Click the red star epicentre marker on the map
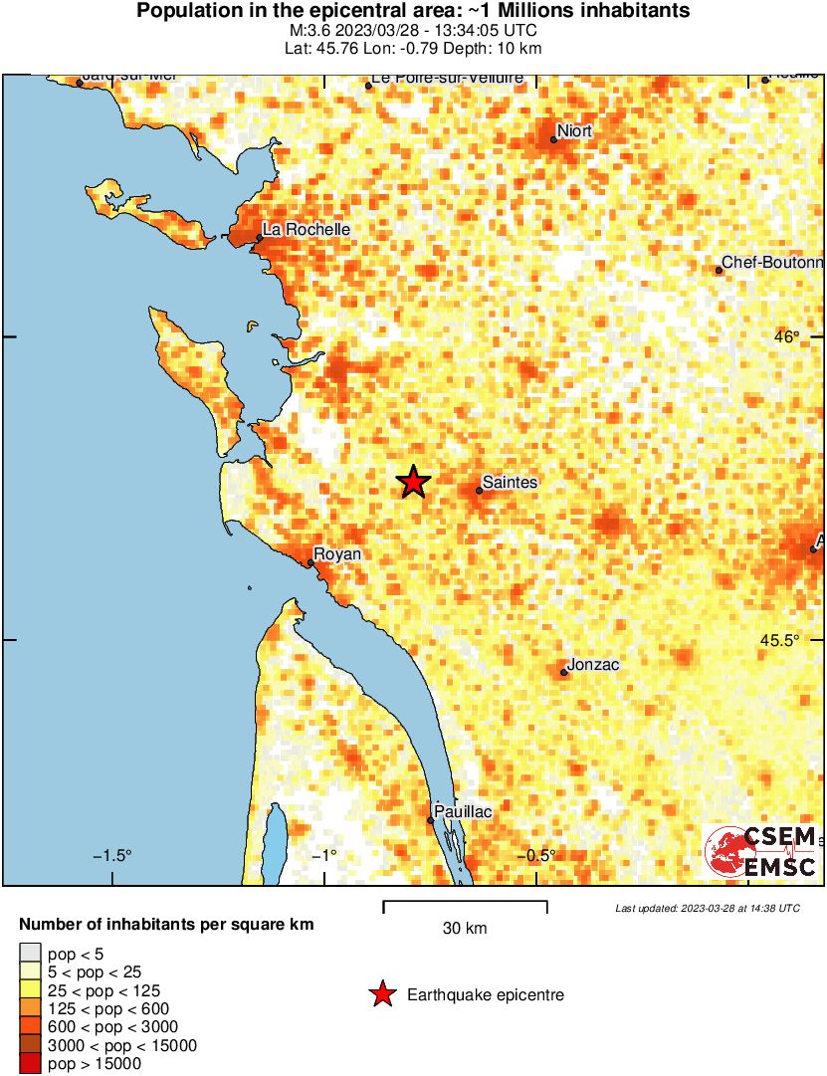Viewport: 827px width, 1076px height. (413, 482)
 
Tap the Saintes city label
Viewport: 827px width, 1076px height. (511, 483)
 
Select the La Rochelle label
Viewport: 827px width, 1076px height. (307, 230)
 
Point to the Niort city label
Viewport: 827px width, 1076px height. (574, 130)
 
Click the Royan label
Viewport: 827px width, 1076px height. (337, 554)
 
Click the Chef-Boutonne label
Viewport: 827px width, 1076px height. (773, 263)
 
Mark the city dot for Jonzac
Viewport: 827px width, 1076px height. (564, 673)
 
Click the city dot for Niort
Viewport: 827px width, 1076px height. (553, 139)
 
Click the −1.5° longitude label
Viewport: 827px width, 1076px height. (112, 856)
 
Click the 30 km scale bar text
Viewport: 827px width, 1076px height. (465, 929)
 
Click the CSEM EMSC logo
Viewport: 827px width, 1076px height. (762, 851)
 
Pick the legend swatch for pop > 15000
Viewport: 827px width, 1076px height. (31, 1064)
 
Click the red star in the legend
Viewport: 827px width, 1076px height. (381, 994)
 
